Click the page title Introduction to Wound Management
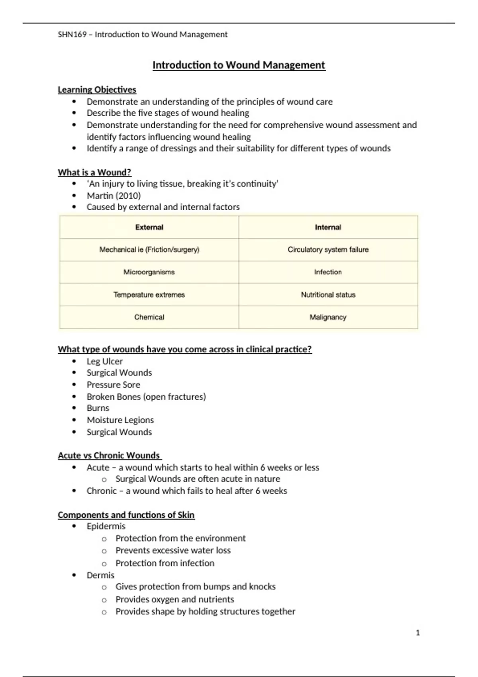(239, 65)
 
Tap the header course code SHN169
(72, 35)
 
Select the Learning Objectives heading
(97, 90)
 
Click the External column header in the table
(149, 227)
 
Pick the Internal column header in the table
(328, 227)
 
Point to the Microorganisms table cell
(149, 272)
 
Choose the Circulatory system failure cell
(328, 250)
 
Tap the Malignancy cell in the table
(328, 317)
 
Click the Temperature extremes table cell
(149, 295)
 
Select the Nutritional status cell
(328, 295)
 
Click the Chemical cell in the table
(149, 317)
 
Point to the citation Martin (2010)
(114, 196)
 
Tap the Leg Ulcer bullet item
(104, 361)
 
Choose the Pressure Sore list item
(113, 385)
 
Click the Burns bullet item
(98, 408)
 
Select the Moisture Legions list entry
(120, 420)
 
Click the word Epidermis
(106, 526)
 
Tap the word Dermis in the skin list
(100, 575)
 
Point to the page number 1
(417, 633)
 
